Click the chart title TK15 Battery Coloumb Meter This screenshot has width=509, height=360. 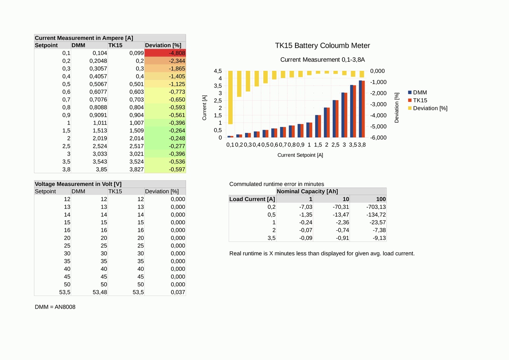point(322,46)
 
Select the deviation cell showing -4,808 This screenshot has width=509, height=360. point(165,53)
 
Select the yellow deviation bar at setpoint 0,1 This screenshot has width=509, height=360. point(230,97)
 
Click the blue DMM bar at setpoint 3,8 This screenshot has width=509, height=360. point(360,109)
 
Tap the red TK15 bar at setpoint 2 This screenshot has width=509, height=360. point(328,123)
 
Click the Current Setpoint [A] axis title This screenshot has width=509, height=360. point(300,155)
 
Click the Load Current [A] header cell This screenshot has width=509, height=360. point(253,199)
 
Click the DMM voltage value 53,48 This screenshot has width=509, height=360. point(100,292)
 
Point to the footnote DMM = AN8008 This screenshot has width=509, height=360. point(55,307)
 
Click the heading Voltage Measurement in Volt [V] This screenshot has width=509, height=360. point(78,184)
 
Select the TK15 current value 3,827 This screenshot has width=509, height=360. point(136,169)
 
